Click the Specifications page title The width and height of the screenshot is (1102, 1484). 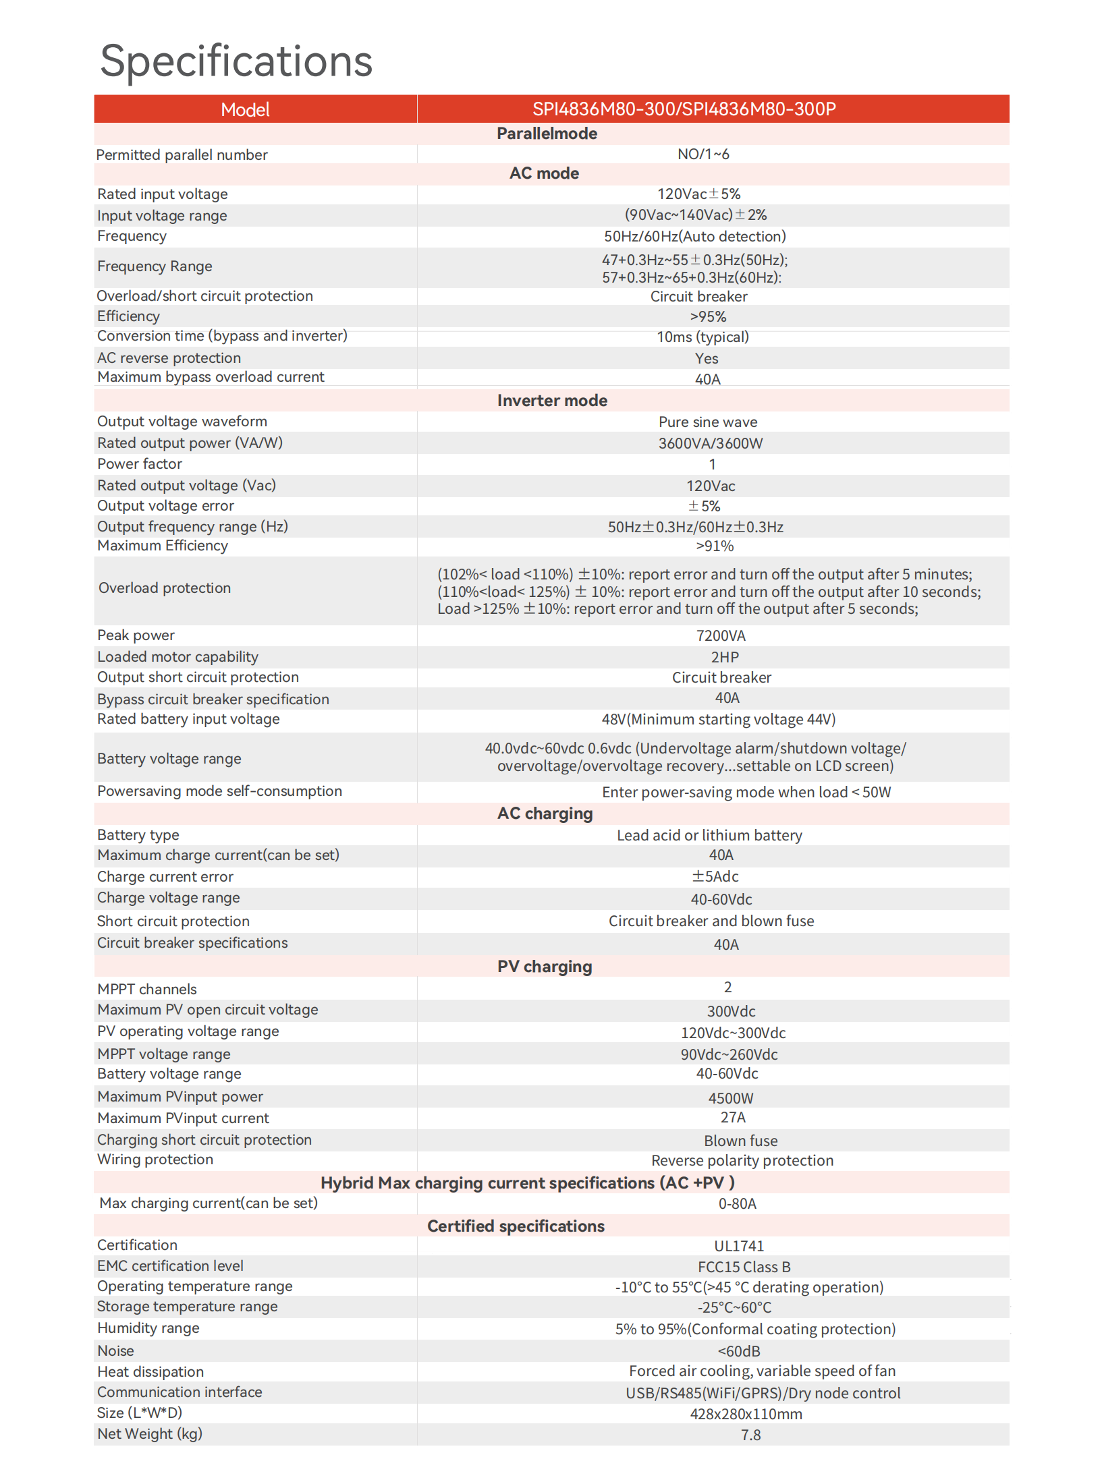236,61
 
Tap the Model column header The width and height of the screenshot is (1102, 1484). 245,109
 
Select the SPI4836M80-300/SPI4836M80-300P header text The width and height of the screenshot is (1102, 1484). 684,109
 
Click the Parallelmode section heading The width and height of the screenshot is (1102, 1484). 547,134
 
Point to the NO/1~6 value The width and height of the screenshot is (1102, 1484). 703,154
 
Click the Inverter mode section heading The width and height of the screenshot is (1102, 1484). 552,401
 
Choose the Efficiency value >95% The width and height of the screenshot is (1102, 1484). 708,317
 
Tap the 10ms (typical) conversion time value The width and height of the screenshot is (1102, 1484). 702,337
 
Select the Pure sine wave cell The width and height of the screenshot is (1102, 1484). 708,422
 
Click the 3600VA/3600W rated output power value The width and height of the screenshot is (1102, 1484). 711,444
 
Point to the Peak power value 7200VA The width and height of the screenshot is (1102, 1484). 721,636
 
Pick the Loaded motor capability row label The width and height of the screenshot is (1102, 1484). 177,657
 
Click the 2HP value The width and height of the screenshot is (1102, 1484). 725,658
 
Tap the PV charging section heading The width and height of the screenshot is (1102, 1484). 545,967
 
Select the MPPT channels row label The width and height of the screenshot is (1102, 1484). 147,990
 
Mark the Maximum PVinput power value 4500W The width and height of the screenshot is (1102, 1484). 731,1098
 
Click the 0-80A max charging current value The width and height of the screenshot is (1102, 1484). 737,1204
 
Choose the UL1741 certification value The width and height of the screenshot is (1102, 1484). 739,1247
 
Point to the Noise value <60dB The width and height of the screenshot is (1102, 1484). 739,1352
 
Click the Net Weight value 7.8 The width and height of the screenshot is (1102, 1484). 750,1435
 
